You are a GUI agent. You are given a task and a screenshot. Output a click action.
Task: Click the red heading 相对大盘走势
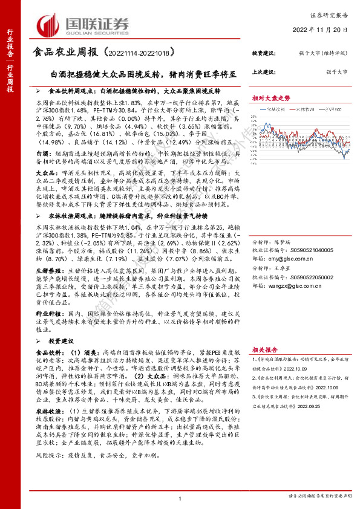(272, 96)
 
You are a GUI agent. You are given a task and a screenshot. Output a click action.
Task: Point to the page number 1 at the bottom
(180, 497)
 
